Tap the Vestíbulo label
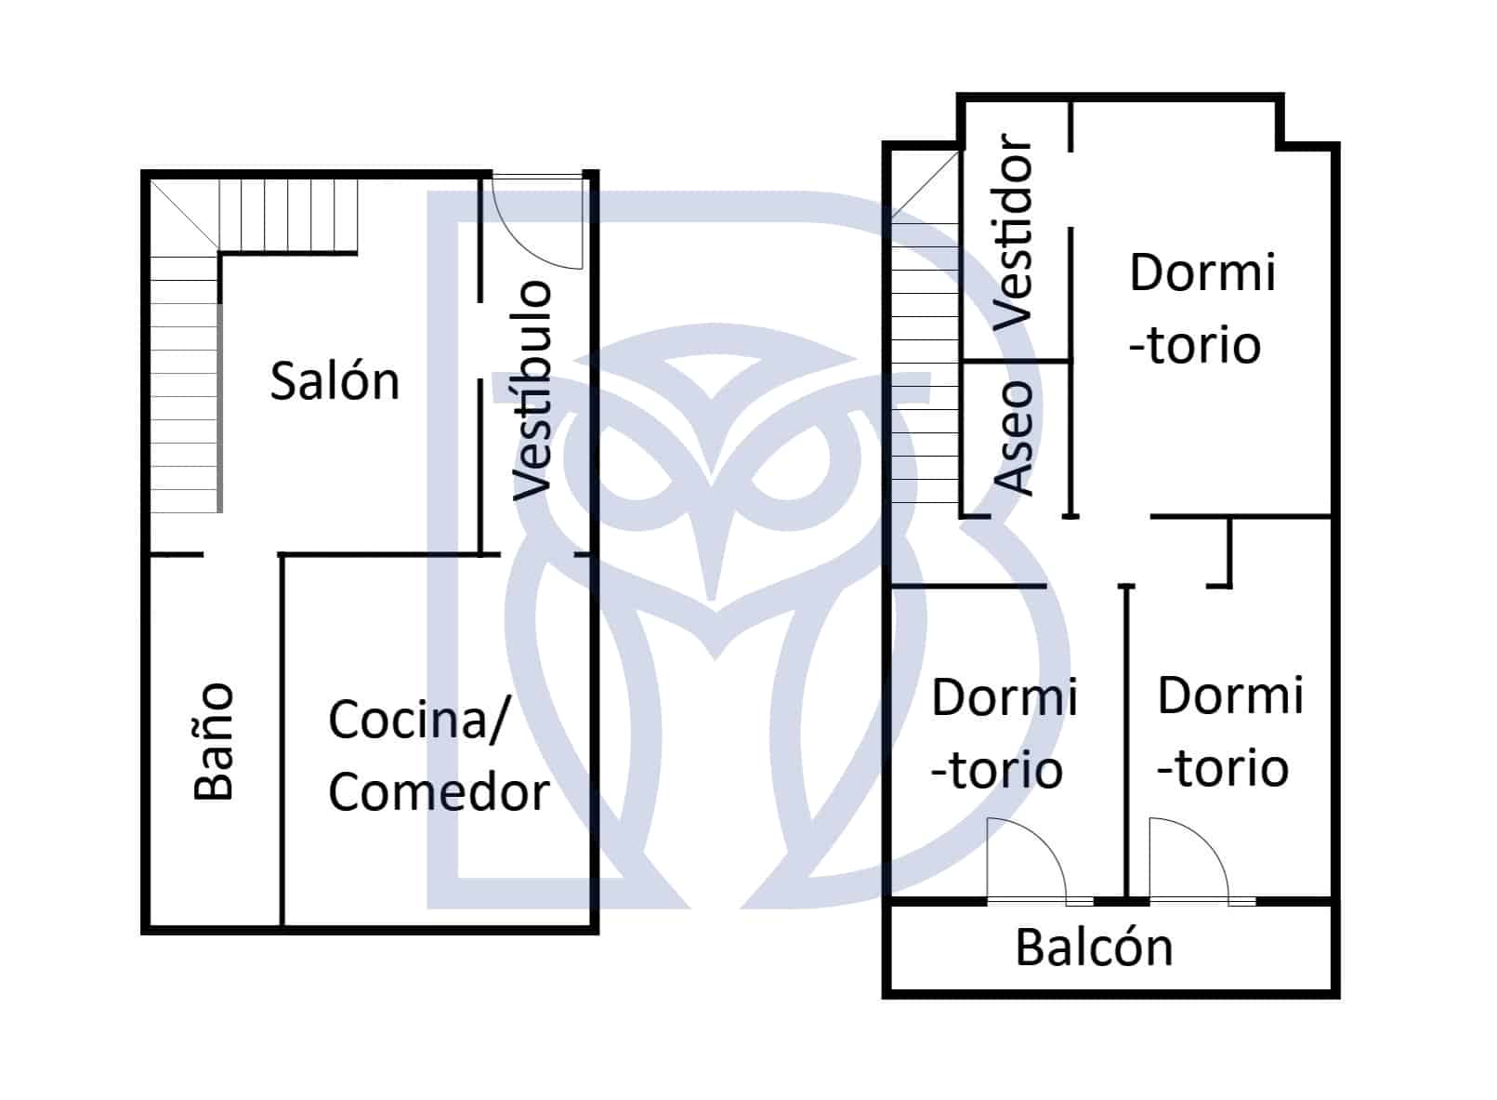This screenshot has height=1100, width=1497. coord(532,391)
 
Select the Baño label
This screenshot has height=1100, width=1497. coord(213,741)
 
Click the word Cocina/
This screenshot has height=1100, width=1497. coord(420,721)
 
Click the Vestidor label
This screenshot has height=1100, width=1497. coord(1013,232)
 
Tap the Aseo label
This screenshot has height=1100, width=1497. coord(1014,438)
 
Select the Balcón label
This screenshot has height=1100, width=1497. coord(1094,948)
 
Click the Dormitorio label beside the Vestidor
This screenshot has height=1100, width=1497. coord(1202,309)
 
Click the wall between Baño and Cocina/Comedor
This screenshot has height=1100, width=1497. coord(282,740)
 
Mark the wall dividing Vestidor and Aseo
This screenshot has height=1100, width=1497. coord(1016,362)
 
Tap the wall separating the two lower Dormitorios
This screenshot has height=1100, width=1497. coord(1127,742)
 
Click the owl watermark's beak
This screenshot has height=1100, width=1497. coord(713,549)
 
